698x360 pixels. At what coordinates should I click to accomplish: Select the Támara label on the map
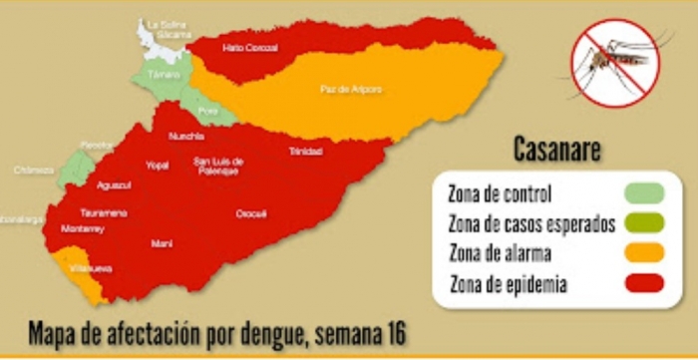pos(155,74)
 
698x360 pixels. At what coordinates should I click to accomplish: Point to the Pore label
pos(207,110)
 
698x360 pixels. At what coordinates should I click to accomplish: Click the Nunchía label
pos(186,136)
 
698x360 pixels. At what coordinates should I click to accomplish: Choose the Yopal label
pos(157,166)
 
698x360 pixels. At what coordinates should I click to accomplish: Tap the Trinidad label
pos(305,152)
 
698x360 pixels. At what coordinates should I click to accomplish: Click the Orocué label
pos(250,213)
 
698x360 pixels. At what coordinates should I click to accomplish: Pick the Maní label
pos(162,242)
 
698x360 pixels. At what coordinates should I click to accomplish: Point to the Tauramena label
pos(104,212)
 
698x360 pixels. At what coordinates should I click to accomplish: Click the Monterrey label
pos(83,228)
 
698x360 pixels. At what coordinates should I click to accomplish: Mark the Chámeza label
pos(33,170)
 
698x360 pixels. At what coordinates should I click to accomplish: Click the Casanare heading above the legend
pos(557,151)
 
